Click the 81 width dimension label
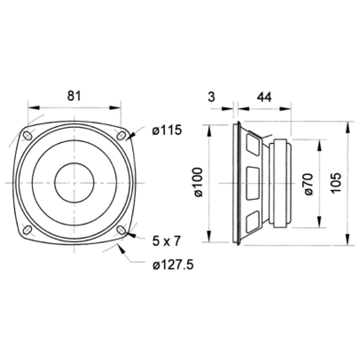[74, 96]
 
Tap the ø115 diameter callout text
[167, 130]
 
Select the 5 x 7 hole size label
[166, 241]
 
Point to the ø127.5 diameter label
[173, 265]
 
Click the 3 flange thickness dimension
[211, 97]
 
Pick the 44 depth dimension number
[264, 97]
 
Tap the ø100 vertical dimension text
[198, 182]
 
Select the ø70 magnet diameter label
[308, 184]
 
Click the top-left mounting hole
[28, 135]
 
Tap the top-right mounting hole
[121, 135]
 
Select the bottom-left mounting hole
[28, 230]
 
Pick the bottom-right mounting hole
[121, 230]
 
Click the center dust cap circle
[74, 183]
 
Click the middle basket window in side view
[253, 183]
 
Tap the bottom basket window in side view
[253, 221]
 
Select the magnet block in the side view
[280, 183]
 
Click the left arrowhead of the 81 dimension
[34, 107]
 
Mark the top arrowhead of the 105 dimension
[348, 127]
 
